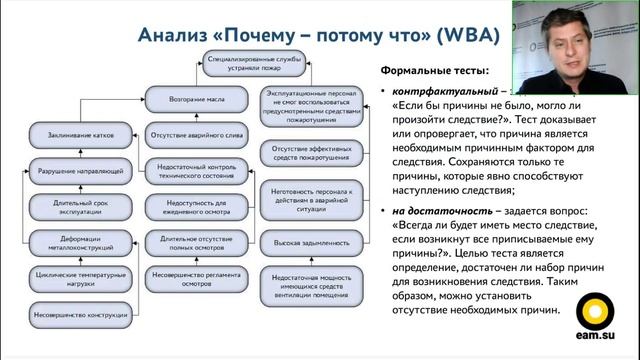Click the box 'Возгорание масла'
[x=189, y=99]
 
